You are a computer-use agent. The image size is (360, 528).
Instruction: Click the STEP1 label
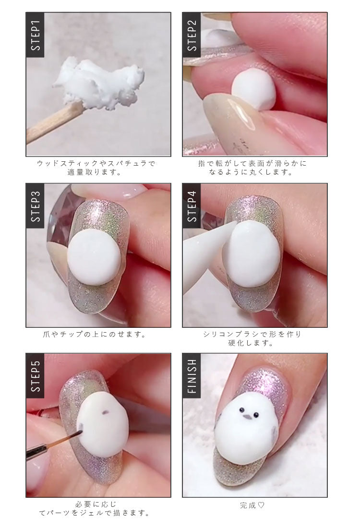pos(35,35)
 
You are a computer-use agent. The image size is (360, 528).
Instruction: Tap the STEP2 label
pos(192,35)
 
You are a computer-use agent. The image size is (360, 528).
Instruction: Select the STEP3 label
pos(35,206)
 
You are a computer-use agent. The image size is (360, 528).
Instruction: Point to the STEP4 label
pos(192,206)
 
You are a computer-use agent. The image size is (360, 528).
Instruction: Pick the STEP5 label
pos(35,376)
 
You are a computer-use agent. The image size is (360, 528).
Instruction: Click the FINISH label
pos(192,376)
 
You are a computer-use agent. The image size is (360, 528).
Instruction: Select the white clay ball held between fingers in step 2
pos(253,89)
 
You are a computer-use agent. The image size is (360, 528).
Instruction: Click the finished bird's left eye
pos(242,410)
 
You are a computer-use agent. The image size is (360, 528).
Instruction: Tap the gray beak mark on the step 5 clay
pos(105,412)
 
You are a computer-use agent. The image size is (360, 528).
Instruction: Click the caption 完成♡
pos(252,505)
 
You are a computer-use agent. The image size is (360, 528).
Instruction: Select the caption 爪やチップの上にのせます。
pos(95,335)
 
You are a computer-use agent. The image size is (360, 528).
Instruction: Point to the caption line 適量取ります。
pos(95,173)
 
